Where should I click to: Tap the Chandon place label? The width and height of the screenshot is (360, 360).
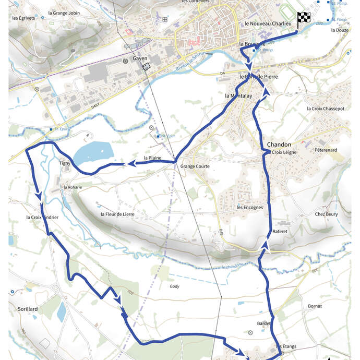(x=279, y=144)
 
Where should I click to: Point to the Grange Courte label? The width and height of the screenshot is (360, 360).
(x=195, y=166)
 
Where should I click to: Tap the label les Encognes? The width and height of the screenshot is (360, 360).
(x=249, y=207)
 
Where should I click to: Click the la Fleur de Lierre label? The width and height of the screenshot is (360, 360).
(x=117, y=214)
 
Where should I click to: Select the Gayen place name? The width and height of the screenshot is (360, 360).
(x=140, y=58)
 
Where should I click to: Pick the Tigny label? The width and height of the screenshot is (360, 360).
(x=65, y=163)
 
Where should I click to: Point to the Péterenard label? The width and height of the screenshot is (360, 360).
(x=326, y=150)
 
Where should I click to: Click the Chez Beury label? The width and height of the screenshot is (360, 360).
(x=326, y=214)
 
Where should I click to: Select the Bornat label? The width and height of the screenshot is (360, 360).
(x=315, y=306)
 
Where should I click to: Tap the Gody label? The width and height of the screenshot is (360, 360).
(x=174, y=286)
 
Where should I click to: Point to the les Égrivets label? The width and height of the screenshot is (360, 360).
(x=23, y=18)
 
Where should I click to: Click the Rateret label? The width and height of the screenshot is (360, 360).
(x=280, y=231)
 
